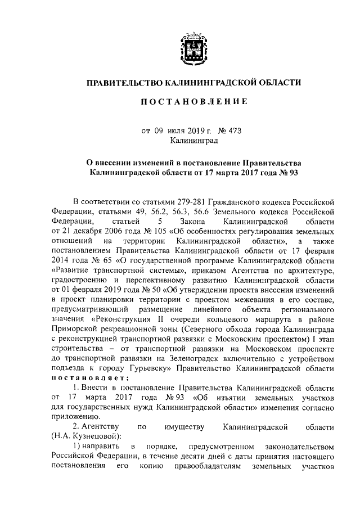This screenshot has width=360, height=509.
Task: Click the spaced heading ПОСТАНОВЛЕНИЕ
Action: [x=193, y=102]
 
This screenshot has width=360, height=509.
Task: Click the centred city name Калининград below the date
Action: [x=193, y=141]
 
